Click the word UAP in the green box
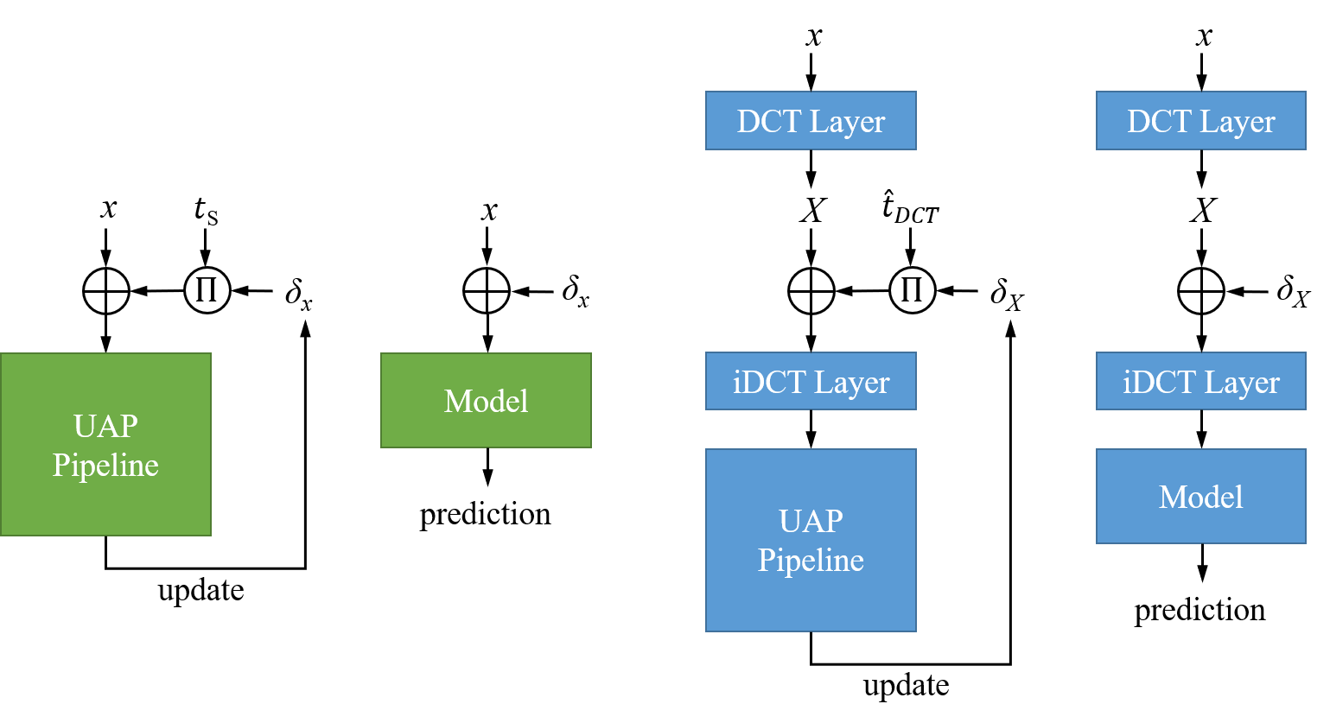pos(105,427)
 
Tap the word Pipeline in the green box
pos(105,466)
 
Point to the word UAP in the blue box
pos(811,522)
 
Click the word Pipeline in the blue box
pos(811,561)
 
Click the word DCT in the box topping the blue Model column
pos(1159,122)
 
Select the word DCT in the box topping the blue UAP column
pos(769,122)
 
